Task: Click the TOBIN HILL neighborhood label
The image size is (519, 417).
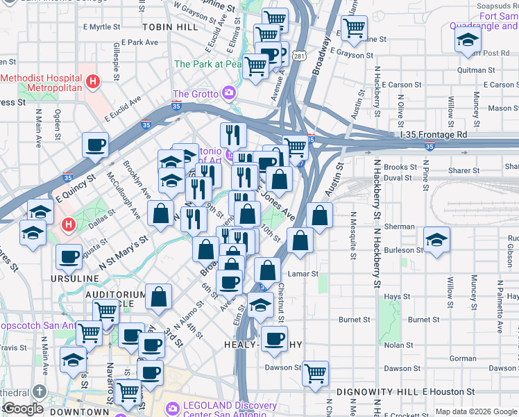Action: pos(170,26)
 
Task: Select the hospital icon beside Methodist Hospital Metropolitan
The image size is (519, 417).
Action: pos(92,83)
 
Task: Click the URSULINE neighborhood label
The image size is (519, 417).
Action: pos(74,278)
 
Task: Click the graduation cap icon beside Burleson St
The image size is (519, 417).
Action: pos(437,240)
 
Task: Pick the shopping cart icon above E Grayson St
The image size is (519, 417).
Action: pos(354,28)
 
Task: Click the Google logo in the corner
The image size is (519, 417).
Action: pos(23,409)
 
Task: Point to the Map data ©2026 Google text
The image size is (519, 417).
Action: pos(476,411)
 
